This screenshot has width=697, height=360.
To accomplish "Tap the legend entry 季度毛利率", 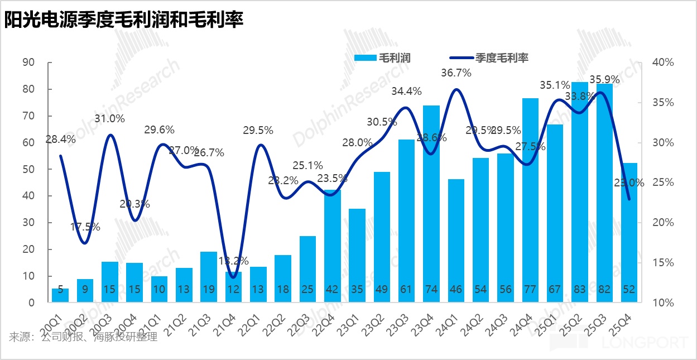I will [x=489, y=57].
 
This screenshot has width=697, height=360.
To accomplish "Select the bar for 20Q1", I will [x=60, y=295].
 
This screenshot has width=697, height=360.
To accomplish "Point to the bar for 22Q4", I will [x=333, y=246].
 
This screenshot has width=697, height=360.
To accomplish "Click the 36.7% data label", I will [x=456, y=73].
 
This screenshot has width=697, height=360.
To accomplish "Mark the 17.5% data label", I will [x=85, y=227].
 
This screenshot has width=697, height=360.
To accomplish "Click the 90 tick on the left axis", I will [x=28, y=63].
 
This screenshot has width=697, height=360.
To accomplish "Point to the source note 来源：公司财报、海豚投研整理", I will [x=84, y=337].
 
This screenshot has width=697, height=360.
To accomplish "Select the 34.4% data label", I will [x=406, y=91].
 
